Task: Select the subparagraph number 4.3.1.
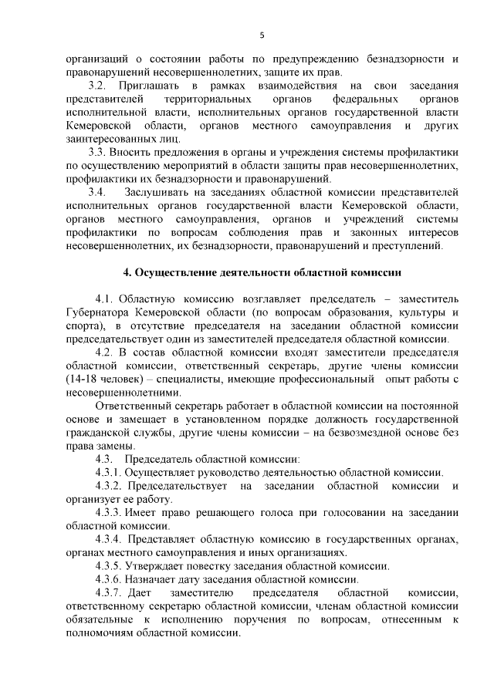109,473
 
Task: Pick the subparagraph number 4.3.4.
109,539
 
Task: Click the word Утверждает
159,566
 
